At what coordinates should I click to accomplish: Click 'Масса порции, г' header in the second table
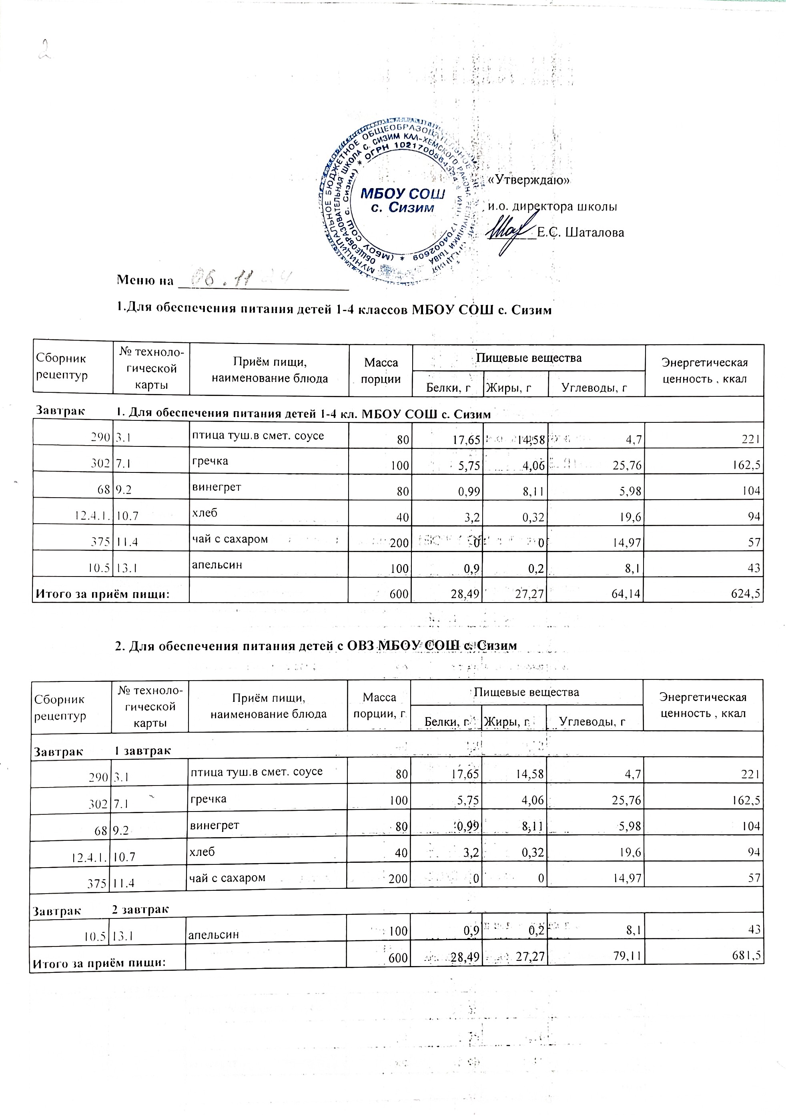pos(379,705)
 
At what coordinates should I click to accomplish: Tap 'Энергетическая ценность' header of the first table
pos(704,371)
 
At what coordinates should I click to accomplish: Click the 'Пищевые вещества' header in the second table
pos(526,692)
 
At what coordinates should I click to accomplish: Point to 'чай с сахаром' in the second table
pos(227,878)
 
